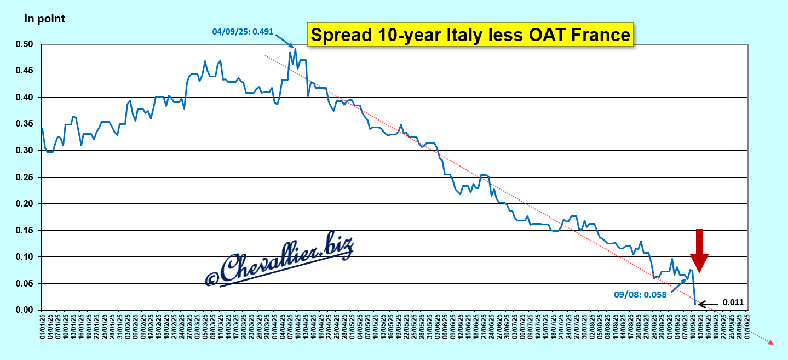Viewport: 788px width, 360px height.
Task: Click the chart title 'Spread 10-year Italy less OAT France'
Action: (470, 35)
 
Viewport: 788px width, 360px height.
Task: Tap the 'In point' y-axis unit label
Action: (44, 19)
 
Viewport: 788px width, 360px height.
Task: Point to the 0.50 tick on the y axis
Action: (26, 44)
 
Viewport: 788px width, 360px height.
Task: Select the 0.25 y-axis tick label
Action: (26, 178)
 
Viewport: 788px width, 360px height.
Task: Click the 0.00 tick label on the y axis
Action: (26, 310)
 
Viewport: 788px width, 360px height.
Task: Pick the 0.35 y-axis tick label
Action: (26, 124)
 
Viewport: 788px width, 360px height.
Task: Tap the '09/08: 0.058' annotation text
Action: (640, 294)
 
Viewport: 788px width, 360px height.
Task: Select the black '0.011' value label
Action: (733, 302)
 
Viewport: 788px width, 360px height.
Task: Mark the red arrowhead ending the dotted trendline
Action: (770, 342)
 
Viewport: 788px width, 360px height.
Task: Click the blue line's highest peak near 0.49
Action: (295, 49)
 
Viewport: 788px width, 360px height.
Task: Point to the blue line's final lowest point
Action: (695, 304)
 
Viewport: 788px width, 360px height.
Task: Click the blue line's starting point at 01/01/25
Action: (42, 129)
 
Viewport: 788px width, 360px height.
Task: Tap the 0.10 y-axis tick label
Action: (26, 257)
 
